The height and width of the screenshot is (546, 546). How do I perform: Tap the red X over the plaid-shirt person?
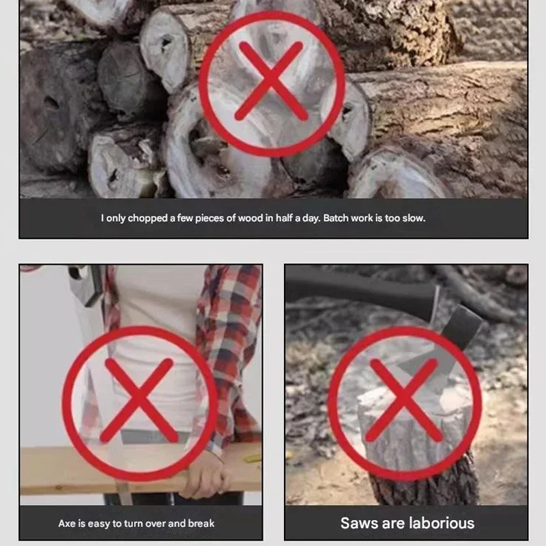140,401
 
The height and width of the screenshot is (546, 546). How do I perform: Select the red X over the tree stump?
405,401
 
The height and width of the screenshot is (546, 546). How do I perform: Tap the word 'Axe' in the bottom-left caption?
67,523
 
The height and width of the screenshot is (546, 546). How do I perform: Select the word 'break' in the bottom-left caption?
200,523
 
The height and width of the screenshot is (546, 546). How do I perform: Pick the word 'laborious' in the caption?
440,523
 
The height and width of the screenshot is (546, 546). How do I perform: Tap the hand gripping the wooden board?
204,474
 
